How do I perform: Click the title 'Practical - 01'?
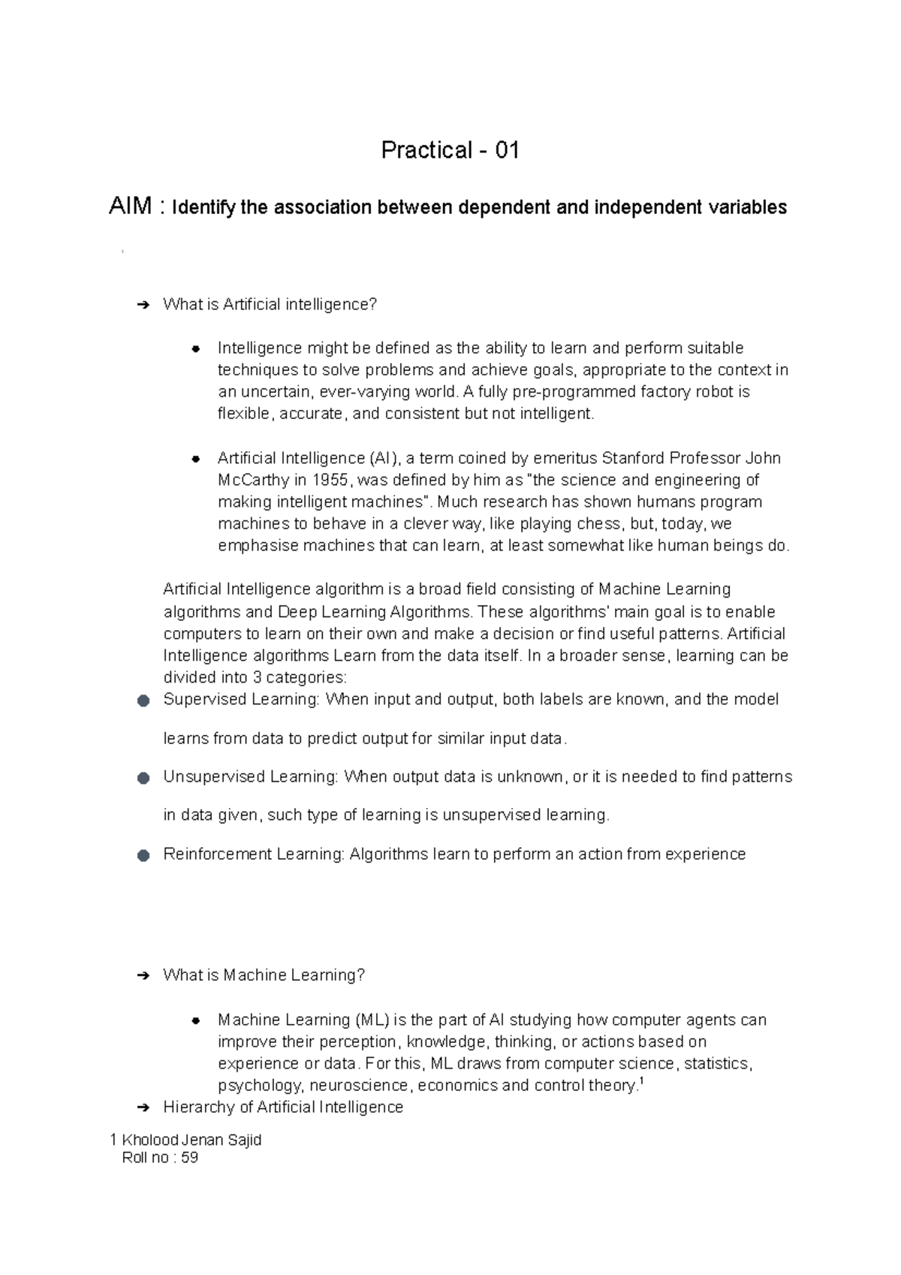click(450, 150)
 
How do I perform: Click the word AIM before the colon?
click(131, 206)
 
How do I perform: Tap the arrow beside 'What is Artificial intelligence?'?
click(143, 305)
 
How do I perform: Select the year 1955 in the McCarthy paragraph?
click(330, 480)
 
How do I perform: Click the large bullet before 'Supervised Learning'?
click(143, 701)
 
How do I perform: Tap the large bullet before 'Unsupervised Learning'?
click(143, 778)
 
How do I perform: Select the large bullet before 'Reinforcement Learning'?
click(143, 855)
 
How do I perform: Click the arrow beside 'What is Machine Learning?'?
click(143, 975)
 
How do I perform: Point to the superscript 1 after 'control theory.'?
click(640, 1081)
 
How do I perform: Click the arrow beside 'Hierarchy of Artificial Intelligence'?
click(143, 1108)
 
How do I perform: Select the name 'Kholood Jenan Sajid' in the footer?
click(191, 1140)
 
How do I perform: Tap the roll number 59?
click(189, 1157)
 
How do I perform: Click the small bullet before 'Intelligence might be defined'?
click(195, 348)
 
